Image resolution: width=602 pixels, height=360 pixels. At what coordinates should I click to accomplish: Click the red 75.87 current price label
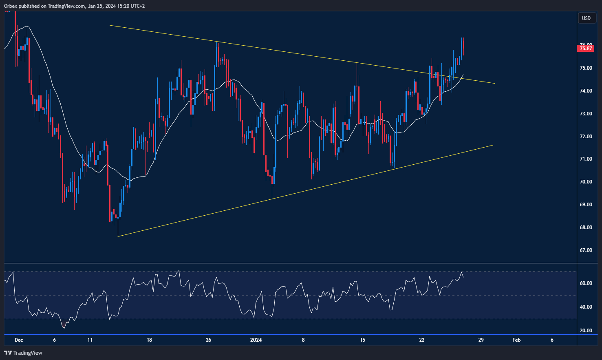tap(586, 49)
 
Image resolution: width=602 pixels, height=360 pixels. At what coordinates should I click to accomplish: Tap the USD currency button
tap(586, 18)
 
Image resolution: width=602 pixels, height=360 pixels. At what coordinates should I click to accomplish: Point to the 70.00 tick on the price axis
tap(586, 182)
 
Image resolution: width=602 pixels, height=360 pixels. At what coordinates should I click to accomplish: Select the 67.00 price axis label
tap(586, 250)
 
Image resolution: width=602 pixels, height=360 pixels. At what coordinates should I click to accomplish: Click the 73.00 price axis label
tap(586, 114)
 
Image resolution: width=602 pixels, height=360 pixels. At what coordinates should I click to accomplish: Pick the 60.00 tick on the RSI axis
tap(586, 283)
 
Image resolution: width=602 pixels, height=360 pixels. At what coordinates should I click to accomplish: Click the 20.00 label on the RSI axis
tap(586, 331)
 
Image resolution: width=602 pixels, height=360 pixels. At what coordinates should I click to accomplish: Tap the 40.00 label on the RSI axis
tap(586, 307)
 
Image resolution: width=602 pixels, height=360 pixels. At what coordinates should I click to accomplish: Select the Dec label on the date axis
tap(19, 340)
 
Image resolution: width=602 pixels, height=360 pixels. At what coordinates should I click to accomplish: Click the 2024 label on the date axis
tap(256, 340)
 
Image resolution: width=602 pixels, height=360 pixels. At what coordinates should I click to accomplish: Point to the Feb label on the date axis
tap(516, 340)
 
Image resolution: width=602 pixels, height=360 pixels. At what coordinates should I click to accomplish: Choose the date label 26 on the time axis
tap(209, 340)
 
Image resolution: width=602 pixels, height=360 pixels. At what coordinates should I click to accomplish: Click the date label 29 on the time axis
tap(481, 340)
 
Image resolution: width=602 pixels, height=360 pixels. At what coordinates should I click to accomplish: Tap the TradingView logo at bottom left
tap(23, 353)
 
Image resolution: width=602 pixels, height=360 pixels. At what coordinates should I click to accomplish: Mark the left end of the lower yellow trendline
tap(118, 236)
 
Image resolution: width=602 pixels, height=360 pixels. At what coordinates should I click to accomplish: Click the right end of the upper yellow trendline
tap(494, 84)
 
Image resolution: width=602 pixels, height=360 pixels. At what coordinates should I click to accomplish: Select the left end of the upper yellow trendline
tap(110, 26)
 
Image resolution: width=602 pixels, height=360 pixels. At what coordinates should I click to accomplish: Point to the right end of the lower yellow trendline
tap(493, 145)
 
